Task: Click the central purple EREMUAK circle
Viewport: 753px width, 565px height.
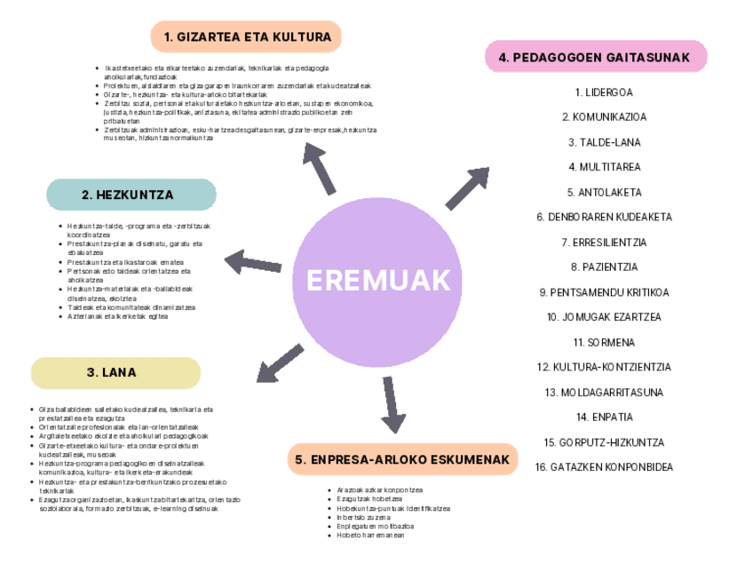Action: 378,282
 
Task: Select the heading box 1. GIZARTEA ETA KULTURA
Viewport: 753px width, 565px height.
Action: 246,37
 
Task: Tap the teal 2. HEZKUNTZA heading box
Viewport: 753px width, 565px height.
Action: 131,195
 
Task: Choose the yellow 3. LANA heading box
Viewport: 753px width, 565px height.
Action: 115,373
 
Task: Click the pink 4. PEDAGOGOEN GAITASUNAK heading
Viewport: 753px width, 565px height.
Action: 595,58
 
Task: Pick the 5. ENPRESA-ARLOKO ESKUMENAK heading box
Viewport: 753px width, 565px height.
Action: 402,460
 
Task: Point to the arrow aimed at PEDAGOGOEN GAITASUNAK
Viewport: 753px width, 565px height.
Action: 467,188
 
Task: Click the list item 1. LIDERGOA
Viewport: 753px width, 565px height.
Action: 604,92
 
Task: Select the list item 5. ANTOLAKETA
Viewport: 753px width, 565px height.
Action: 604,192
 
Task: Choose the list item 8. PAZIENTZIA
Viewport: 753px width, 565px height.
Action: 604,267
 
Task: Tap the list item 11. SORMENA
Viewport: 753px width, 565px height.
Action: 604,342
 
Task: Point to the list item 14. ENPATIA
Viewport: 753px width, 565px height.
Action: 604,417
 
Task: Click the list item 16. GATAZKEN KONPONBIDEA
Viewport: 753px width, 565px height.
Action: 604,467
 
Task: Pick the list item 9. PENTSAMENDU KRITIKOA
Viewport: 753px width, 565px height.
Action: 604,292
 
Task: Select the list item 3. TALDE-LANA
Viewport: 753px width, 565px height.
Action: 604,142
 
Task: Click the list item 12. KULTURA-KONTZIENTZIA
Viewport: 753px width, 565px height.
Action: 604,367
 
